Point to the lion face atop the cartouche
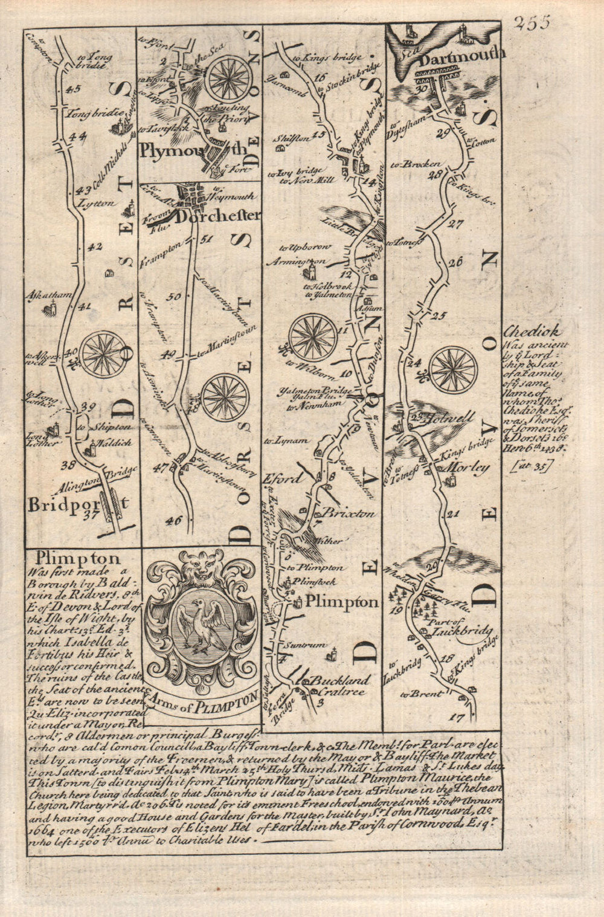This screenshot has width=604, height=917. pyautogui.click(x=204, y=565)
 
